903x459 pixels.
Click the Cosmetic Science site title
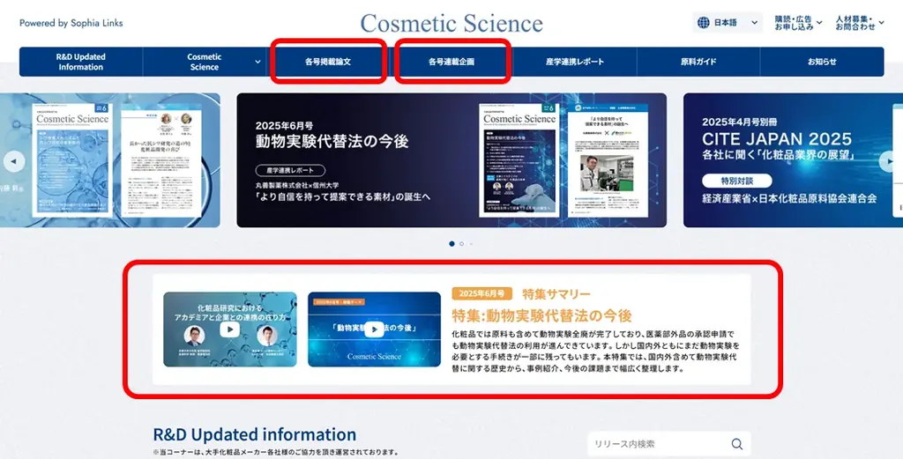[x=451, y=23]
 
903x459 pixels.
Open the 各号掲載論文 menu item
[x=328, y=62]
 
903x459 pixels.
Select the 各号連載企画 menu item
[x=451, y=62]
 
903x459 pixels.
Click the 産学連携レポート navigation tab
[x=575, y=62]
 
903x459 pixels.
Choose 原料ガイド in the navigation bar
[x=698, y=62]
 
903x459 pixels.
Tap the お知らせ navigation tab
[x=822, y=62]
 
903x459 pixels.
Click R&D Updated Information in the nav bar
[x=81, y=62]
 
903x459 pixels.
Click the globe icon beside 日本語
[x=704, y=23]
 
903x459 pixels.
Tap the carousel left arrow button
[x=13, y=161]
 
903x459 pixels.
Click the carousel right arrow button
[x=889, y=161]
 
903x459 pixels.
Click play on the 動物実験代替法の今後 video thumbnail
[x=374, y=329]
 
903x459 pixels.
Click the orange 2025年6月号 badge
[x=481, y=293]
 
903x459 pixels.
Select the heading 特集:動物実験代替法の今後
[x=541, y=315]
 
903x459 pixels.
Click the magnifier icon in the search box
[x=736, y=444]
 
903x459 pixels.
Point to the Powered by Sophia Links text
[x=71, y=23]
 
